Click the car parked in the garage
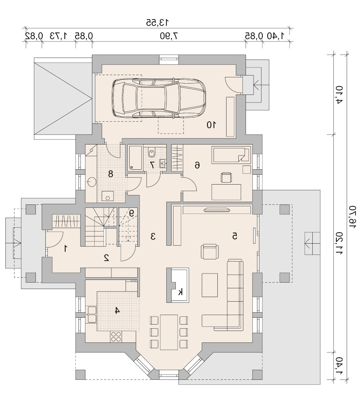[159, 98]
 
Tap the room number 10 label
[211, 125]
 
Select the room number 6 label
[197, 165]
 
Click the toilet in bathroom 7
[152, 152]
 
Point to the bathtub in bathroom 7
[135, 157]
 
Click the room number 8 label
[111, 174]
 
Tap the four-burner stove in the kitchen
[116, 336]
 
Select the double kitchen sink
[92, 315]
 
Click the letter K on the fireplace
[180, 292]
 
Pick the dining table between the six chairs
[169, 332]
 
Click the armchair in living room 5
[210, 252]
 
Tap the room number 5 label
[235, 236]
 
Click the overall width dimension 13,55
[157, 22]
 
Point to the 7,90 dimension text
[169, 36]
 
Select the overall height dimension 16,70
[353, 217]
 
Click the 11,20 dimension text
[339, 243]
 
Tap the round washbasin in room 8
[92, 182]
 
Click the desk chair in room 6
[226, 177]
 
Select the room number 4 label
[117, 310]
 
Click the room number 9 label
[132, 213]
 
